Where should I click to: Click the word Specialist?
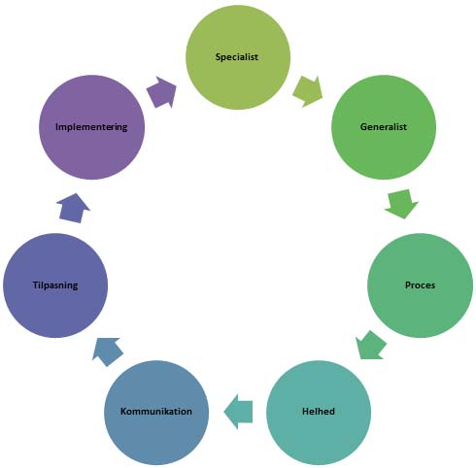[x=237, y=57]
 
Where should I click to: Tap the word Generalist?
[x=384, y=126]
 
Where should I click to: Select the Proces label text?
[x=420, y=285]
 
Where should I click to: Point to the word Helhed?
[x=319, y=412]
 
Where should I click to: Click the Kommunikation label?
[x=156, y=412]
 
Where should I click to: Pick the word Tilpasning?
[x=55, y=285]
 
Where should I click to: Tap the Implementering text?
[x=91, y=127]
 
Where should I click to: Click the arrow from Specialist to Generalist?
[x=308, y=91]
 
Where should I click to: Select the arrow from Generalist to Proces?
[x=402, y=204]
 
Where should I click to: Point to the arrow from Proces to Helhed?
[x=371, y=345]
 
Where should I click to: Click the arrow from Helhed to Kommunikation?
[x=238, y=412]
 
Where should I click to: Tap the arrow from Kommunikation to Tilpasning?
[x=107, y=351]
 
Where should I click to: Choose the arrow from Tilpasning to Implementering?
[x=74, y=208]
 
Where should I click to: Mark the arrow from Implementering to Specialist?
[x=161, y=92]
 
